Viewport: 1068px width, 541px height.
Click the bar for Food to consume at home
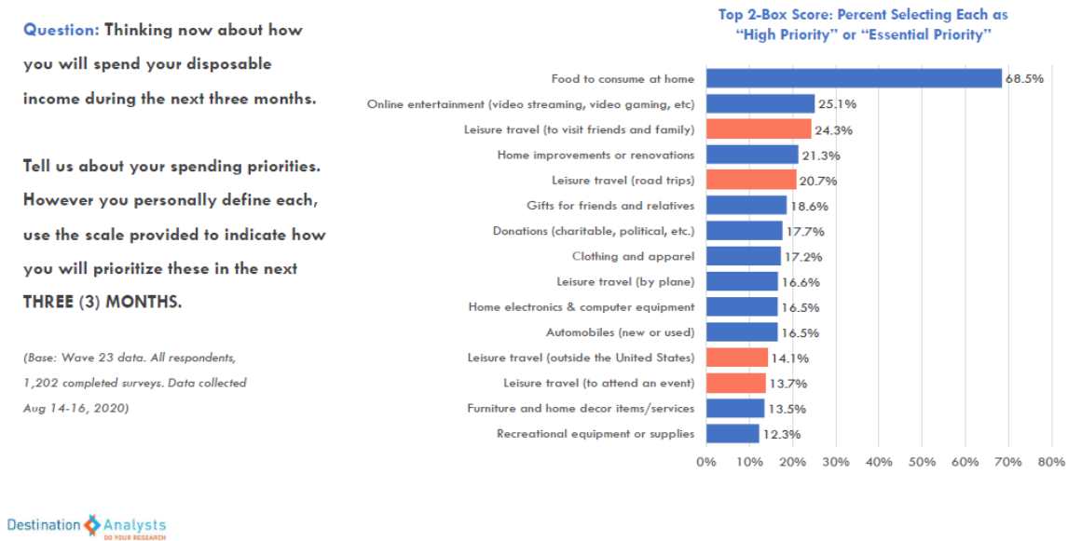854,78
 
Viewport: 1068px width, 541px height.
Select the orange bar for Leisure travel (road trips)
751,180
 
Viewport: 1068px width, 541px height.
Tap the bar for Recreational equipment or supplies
733,433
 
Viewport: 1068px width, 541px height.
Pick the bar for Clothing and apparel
743,256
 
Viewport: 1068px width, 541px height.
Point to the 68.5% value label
1023,79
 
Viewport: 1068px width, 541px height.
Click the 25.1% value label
836,104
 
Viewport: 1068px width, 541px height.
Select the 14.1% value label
788,358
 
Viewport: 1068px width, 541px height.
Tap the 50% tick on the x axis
922,462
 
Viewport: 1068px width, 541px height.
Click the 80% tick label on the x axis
1051,462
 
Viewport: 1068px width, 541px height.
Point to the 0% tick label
706,462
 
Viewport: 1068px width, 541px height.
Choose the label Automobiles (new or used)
620,331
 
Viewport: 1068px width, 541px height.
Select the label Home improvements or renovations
596,155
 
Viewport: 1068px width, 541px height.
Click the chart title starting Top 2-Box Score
862,25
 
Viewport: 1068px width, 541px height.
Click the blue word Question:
61,30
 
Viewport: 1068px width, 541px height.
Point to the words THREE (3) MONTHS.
103,303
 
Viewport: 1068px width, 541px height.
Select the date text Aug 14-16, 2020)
75,408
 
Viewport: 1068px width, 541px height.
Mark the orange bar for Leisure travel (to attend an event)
736,383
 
